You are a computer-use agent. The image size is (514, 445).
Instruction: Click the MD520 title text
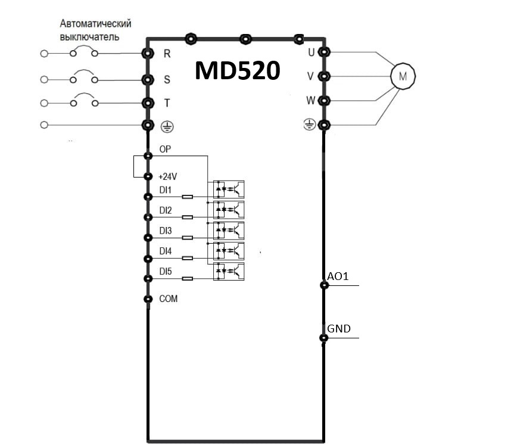pos(237,70)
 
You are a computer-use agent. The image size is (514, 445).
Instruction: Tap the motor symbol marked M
pos(403,76)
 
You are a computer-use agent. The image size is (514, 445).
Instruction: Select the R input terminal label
pos(167,54)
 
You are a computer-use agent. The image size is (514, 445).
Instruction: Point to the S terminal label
pos(167,79)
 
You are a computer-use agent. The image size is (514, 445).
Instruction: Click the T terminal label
pos(167,103)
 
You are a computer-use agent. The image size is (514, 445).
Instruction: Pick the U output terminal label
pos(311,52)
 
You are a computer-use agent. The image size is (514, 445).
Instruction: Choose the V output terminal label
pos(310,76)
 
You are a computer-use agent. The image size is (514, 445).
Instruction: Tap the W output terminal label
pos(310,100)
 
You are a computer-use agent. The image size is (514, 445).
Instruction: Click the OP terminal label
pos(165,149)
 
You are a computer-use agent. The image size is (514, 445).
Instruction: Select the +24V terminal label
pos(167,176)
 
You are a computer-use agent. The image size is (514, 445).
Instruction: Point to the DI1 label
pos(165,190)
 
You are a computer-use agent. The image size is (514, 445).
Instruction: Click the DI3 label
pos(165,231)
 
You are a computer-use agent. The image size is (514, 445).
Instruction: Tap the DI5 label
pos(165,272)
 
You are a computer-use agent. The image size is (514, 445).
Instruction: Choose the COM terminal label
pos(168,298)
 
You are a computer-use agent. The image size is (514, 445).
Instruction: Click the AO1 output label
pos(338,276)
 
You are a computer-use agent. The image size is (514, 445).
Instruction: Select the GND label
pos(339,329)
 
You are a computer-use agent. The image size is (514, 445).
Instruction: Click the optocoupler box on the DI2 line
pos(229,210)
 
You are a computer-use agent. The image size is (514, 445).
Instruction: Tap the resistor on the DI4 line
pos(187,258)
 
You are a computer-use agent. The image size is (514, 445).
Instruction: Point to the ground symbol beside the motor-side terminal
pos(310,125)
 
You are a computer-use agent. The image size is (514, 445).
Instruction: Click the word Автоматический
pos(95,24)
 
